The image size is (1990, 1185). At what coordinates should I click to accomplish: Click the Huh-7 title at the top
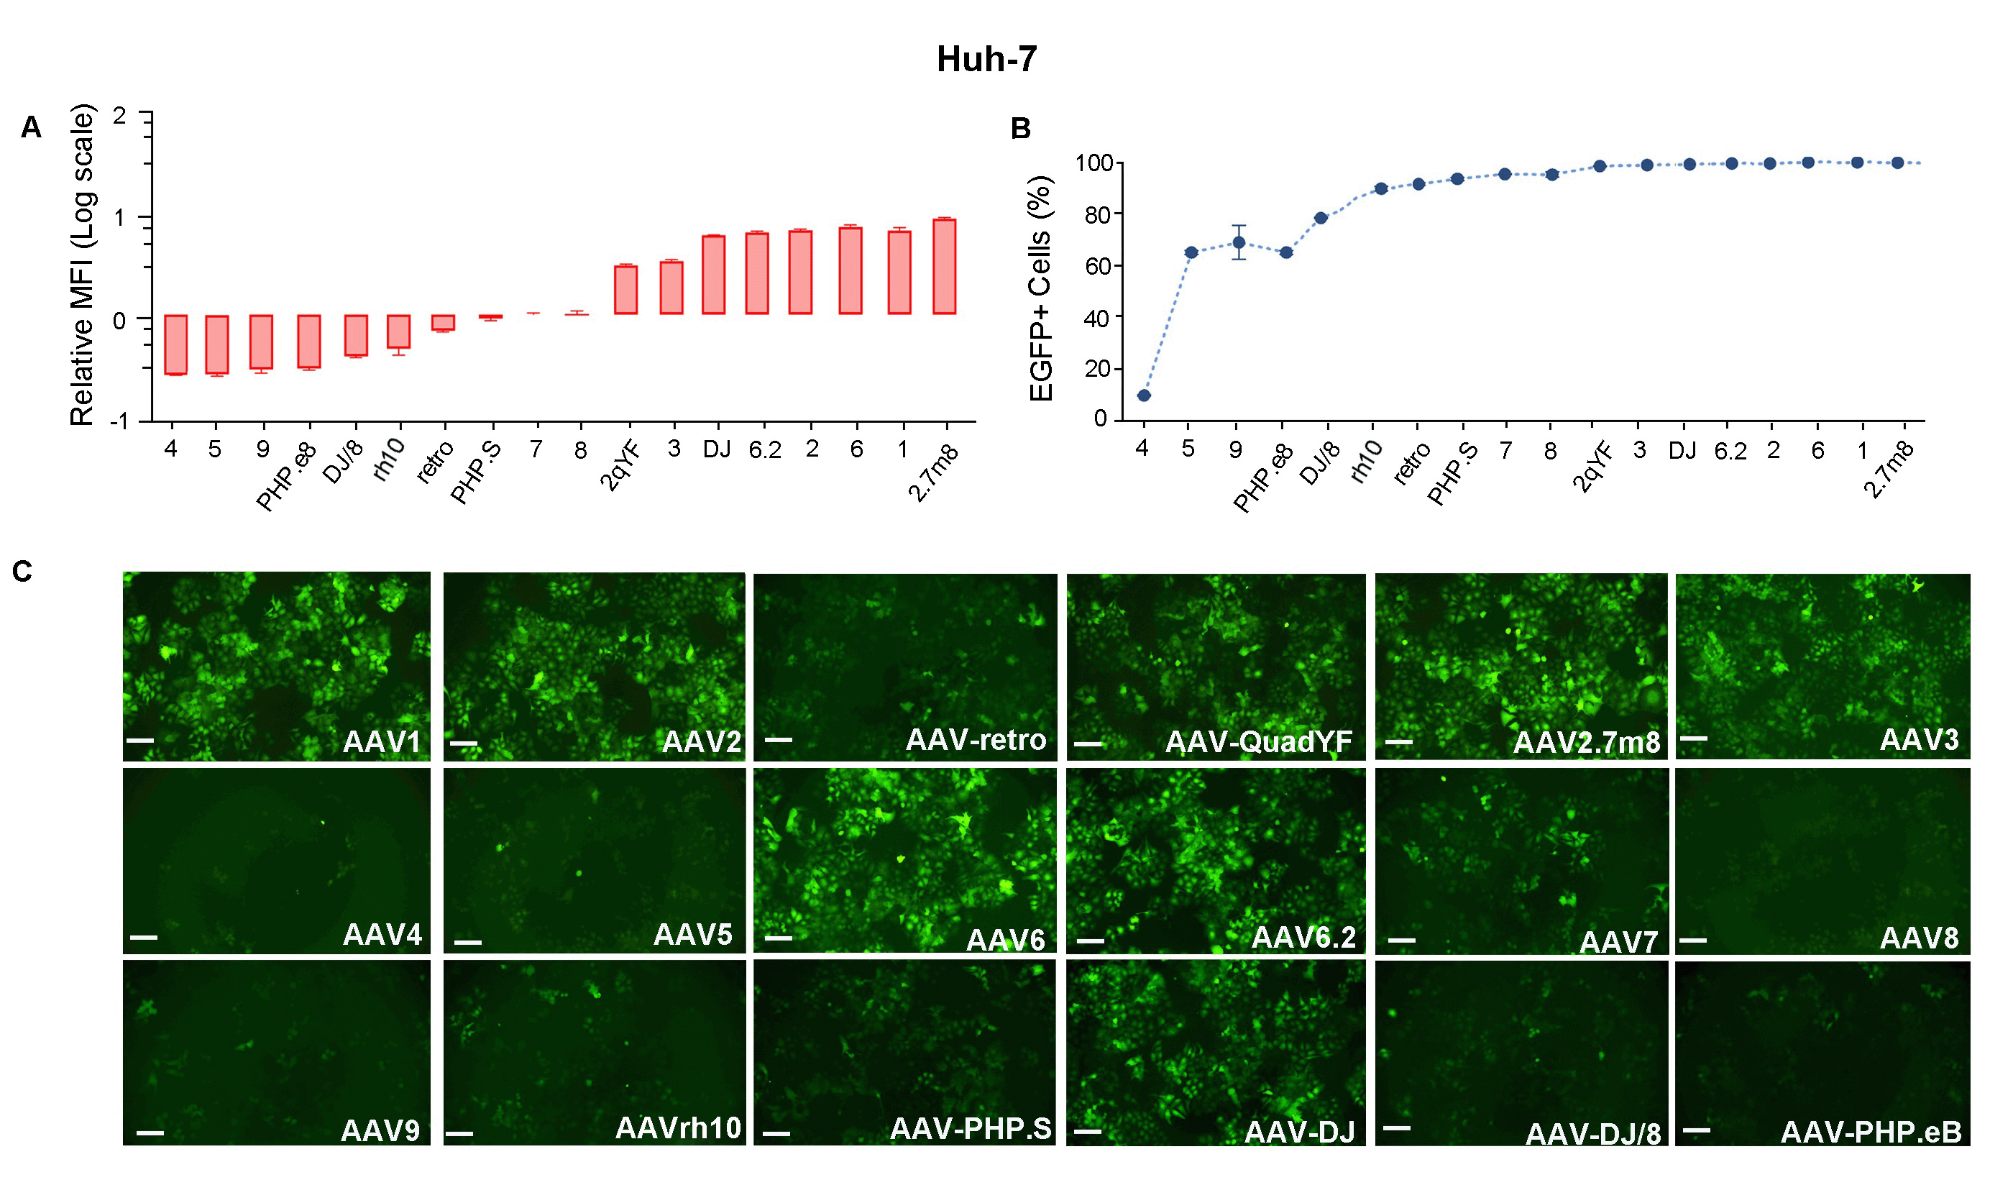(x=986, y=59)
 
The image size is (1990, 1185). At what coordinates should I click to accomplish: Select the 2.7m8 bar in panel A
(x=943, y=266)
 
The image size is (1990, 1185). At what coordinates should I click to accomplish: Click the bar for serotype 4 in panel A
(x=175, y=344)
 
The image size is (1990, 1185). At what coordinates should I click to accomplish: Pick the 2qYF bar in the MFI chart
(x=625, y=289)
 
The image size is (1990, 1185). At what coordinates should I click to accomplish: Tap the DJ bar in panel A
(x=713, y=275)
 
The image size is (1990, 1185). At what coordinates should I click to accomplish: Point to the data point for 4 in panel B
(x=1143, y=395)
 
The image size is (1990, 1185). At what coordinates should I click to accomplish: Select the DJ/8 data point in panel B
(x=1320, y=218)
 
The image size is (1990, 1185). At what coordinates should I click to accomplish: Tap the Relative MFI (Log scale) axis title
(x=82, y=265)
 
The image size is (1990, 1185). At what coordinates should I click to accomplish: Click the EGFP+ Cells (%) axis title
(x=1041, y=288)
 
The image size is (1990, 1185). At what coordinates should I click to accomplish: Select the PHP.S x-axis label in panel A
(x=476, y=472)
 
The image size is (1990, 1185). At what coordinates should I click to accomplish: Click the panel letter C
(x=22, y=572)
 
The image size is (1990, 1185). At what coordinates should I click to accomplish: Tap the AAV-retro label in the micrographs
(x=975, y=739)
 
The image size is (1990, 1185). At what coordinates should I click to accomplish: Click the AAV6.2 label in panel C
(x=1303, y=937)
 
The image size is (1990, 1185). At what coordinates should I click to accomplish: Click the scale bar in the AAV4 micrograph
(x=144, y=937)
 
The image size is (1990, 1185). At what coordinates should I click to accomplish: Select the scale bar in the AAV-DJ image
(x=1087, y=1132)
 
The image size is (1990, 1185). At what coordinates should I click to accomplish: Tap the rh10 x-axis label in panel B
(x=1366, y=462)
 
